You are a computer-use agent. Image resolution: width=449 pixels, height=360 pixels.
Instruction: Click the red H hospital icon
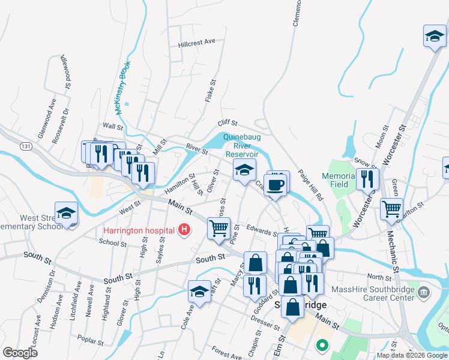(x=185, y=230)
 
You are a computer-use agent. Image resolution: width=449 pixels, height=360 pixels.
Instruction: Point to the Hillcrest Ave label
(x=196, y=43)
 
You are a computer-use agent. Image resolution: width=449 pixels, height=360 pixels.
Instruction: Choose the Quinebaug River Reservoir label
(x=242, y=145)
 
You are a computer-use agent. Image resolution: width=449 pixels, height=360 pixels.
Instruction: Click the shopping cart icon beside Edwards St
(x=218, y=228)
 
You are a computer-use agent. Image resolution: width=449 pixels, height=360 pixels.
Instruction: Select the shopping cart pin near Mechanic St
(x=391, y=209)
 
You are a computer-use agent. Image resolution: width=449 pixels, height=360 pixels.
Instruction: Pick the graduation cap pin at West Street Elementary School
(x=67, y=213)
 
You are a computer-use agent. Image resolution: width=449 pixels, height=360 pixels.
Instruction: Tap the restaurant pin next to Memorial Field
(x=367, y=179)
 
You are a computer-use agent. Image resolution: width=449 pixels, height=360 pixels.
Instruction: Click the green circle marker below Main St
(x=322, y=346)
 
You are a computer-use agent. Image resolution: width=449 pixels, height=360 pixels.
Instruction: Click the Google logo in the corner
(x=20, y=352)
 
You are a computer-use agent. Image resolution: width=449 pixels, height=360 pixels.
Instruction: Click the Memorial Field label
(x=343, y=181)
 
